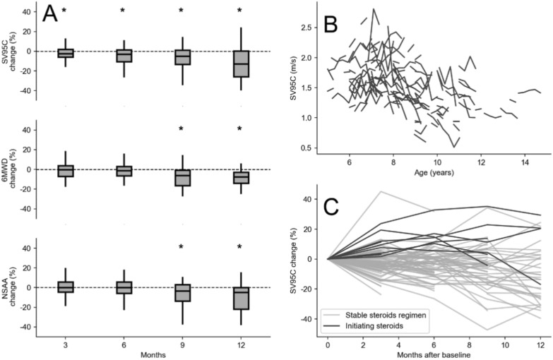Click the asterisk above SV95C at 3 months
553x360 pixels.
[x=64, y=11]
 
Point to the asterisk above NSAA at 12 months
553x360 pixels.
[x=239, y=247]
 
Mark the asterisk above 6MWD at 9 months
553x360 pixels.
[x=181, y=129]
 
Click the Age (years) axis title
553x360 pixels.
[x=434, y=174]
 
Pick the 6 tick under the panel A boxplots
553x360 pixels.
[x=124, y=344]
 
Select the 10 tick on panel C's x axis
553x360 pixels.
[x=504, y=344]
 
